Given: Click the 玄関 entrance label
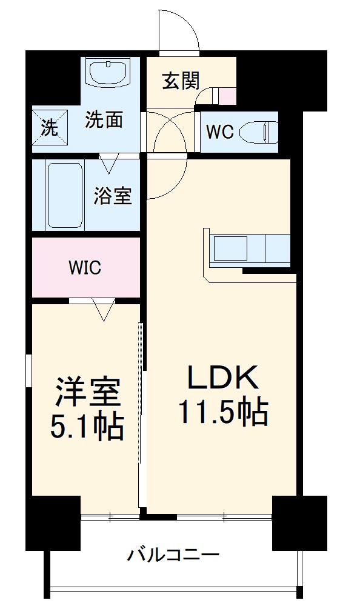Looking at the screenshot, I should click(180, 81).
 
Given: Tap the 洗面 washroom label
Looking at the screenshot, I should click(104, 120).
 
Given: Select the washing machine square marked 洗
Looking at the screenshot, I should click(48, 128).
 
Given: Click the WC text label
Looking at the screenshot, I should click(219, 132).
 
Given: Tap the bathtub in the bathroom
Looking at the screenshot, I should click(64, 193).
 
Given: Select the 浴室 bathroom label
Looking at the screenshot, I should click(113, 195).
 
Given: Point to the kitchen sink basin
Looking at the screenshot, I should click(228, 249).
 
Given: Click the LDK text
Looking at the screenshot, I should click(222, 378).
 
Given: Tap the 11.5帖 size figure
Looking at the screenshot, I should click(222, 413).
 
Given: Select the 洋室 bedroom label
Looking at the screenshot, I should click(87, 393).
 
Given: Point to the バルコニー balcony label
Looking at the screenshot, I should click(173, 554).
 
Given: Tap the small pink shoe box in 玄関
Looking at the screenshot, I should click(227, 96).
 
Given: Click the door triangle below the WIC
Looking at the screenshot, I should click(104, 310).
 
